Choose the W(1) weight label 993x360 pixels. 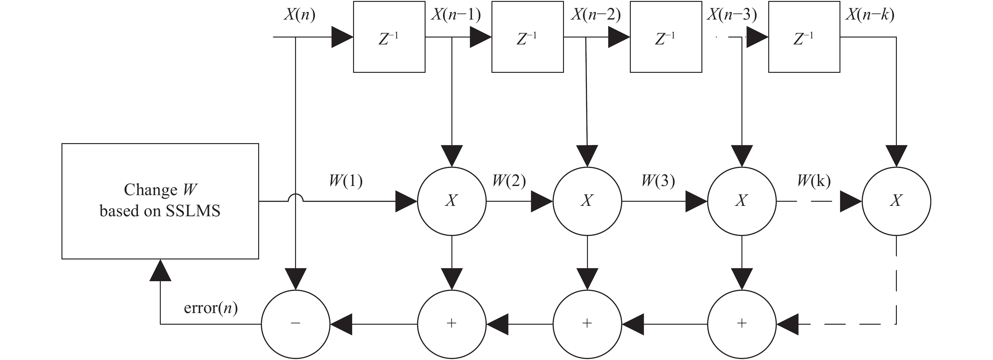coord(346,181)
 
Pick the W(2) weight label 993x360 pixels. coord(509,181)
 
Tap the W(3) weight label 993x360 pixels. coord(658,181)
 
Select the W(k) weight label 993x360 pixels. coord(814,181)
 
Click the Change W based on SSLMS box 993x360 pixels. coord(160,201)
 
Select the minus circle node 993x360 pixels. coord(296,324)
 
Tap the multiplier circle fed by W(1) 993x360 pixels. coord(452,201)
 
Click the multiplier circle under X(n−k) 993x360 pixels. coord(896,201)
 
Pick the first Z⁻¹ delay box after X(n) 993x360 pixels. coord(389,37)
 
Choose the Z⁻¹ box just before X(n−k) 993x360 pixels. coord(804,37)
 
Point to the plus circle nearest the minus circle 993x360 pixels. coord(452,324)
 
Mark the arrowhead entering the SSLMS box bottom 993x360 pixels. coord(160,270)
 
